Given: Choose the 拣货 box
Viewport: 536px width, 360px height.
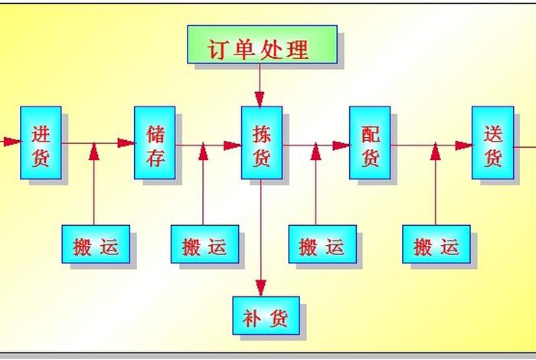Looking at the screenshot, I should [x=261, y=142].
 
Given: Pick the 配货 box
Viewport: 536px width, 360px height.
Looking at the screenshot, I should [x=370, y=142].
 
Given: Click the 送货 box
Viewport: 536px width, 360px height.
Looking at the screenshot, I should [x=492, y=142].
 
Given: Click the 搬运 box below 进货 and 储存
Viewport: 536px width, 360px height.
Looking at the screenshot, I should [x=96, y=244].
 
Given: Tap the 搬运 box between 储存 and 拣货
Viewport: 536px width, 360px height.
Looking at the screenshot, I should [x=204, y=244].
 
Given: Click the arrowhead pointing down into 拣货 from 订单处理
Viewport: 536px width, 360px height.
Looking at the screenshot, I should [x=260, y=99].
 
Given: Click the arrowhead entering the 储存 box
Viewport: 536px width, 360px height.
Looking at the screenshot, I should [x=126, y=142].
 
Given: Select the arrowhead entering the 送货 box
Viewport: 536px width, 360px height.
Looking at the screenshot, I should [x=463, y=145].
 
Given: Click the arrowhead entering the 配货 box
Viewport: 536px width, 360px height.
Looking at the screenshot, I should [x=342, y=145].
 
